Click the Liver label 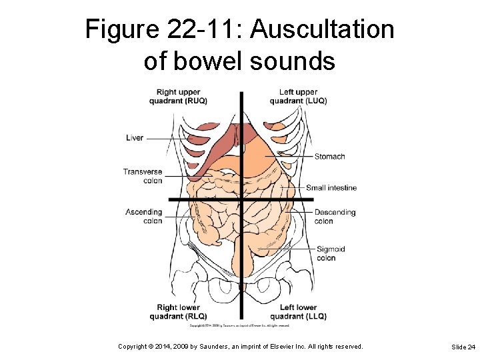pos(135,138)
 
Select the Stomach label pos(329,157)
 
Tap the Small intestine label pos(331,188)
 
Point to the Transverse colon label pos(143,176)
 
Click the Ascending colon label pos(144,217)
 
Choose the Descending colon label pos(335,217)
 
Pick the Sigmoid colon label pos(330,253)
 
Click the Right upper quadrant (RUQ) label pos(178,97)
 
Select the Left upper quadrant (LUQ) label pos(298,97)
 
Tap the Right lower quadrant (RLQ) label pos(178,312)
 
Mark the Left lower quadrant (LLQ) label pos(298,312)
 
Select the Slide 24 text pos(463,347)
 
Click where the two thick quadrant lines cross pos(241,199)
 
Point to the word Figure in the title pos(117,30)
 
